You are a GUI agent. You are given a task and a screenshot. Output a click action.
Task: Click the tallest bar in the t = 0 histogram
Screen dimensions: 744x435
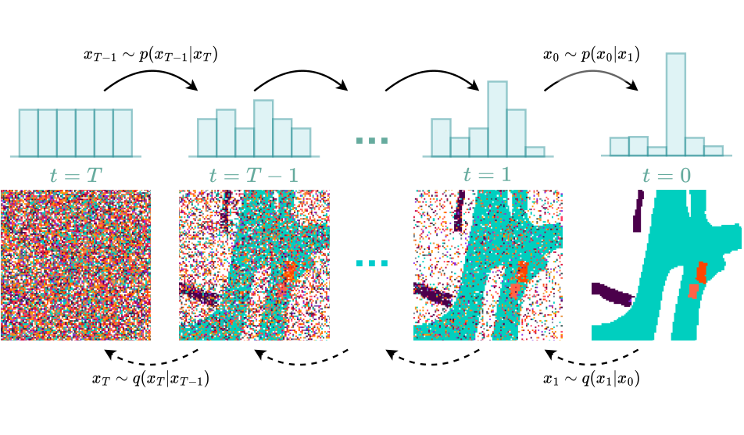pyautogui.click(x=676, y=105)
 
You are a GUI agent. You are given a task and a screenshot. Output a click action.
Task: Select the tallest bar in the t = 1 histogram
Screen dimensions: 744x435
pyautogui.click(x=497, y=119)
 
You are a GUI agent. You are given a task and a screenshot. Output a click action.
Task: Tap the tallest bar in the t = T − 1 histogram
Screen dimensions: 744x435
pyautogui.click(x=263, y=128)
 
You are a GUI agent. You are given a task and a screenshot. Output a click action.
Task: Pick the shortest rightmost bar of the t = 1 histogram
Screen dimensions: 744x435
pyautogui.click(x=535, y=152)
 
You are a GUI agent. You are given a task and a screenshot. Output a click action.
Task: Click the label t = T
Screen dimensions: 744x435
pyautogui.click(x=76, y=176)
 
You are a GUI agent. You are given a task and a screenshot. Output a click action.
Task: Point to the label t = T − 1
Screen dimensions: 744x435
pyautogui.click(x=254, y=176)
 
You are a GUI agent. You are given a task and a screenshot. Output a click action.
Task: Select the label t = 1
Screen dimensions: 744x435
pyautogui.click(x=488, y=175)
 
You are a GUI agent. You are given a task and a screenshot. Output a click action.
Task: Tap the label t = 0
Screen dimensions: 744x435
pyautogui.click(x=667, y=176)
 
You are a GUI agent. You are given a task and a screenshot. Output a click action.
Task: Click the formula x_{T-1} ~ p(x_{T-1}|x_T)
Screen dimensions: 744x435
pyautogui.click(x=151, y=55)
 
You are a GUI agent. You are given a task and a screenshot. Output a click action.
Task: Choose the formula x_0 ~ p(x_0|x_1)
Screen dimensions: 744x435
pyautogui.click(x=591, y=55)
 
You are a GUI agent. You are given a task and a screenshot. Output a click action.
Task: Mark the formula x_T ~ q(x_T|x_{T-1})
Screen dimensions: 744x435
pyautogui.click(x=150, y=379)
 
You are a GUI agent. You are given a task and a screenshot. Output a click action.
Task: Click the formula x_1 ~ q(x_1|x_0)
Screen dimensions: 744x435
pyautogui.click(x=591, y=379)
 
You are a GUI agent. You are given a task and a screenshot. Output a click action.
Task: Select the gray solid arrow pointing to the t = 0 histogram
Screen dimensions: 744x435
pyautogui.click(x=591, y=72)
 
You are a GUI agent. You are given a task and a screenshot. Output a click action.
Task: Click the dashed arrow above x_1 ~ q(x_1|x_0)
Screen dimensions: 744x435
pyautogui.click(x=591, y=363)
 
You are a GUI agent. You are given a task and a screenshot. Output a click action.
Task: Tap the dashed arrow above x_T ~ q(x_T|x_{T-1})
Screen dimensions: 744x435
pyautogui.click(x=151, y=363)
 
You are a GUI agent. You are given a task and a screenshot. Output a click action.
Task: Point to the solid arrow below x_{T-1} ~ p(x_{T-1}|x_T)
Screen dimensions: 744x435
pyautogui.click(x=151, y=72)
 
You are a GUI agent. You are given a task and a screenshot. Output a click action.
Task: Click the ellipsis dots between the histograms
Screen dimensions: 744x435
pyautogui.click(x=372, y=141)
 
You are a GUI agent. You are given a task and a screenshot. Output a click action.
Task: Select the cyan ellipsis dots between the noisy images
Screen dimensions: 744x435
pyautogui.click(x=372, y=263)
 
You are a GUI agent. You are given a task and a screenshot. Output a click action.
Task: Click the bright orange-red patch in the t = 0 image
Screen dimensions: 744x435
pyautogui.click(x=701, y=273)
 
